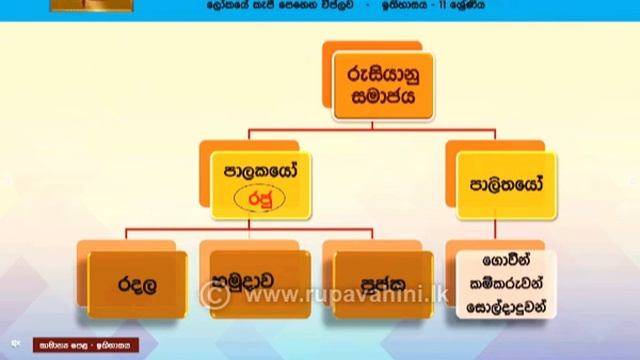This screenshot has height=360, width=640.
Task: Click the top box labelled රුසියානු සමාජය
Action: point(370,88)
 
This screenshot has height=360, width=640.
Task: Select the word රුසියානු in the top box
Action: point(370,74)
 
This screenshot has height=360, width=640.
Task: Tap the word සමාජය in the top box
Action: point(370,100)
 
